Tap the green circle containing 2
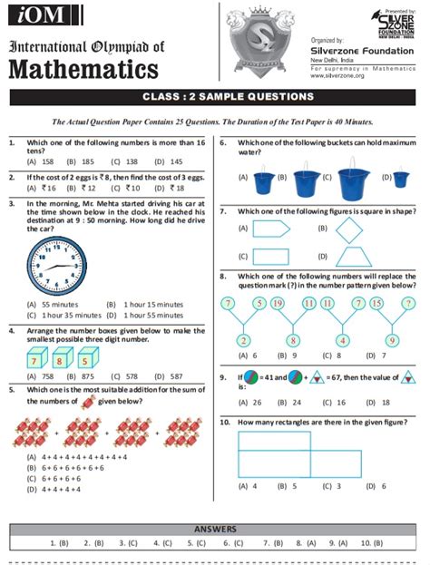coord(244,340)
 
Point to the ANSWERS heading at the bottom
coord(215,528)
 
